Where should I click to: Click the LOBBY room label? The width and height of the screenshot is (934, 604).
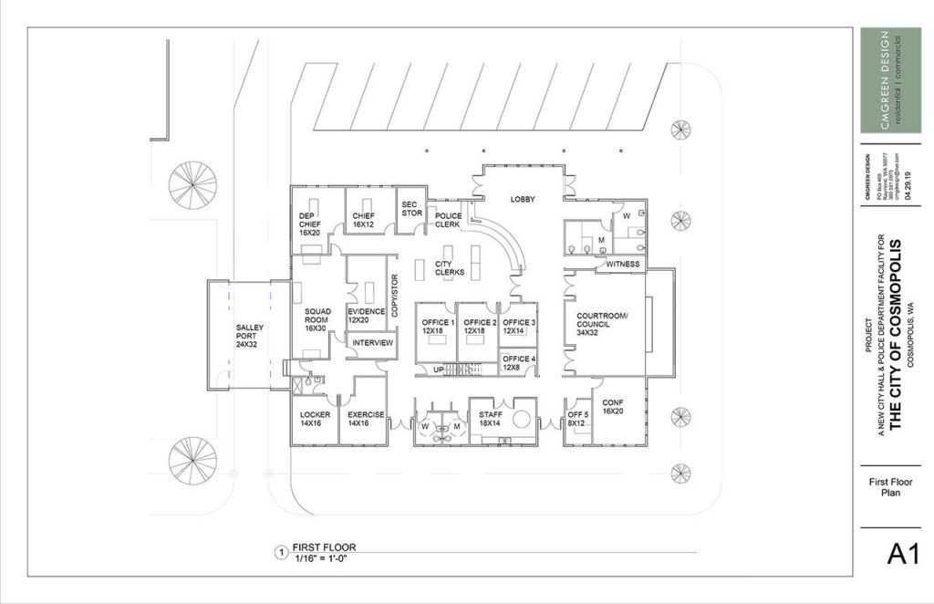[x=522, y=199]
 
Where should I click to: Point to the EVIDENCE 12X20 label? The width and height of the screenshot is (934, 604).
[x=366, y=316]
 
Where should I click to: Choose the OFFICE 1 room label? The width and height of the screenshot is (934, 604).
[x=435, y=327]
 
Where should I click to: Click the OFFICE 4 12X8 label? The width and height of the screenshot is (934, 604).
[x=519, y=362]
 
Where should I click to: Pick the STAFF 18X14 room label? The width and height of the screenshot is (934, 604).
[x=491, y=419]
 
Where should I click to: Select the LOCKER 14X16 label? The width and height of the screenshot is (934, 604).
[x=315, y=419]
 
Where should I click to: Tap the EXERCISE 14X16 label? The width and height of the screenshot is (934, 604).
[x=366, y=419]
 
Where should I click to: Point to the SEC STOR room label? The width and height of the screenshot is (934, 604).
[x=411, y=208]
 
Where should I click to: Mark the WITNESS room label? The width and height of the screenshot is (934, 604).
[x=622, y=265]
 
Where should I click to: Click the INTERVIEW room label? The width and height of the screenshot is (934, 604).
[x=372, y=343]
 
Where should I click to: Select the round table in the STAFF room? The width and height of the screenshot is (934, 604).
[x=523, y=419]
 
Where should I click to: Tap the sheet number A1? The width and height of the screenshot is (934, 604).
[x=902, y=554]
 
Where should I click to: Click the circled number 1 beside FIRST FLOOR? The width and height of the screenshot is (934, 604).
[x=281, y=552]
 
